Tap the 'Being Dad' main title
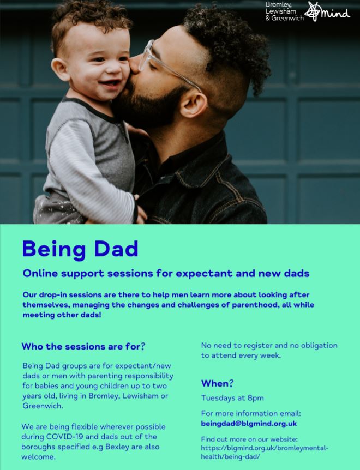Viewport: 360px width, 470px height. [x=80, y=249]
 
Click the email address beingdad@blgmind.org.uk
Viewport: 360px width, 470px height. [x=249, y=423]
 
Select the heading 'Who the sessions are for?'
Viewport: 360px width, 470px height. [x=83, y=346]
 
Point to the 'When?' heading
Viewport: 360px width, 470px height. [x=217, y=383]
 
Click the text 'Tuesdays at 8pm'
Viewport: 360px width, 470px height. [x=232, y=397]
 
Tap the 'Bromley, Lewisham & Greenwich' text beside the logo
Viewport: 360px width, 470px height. [x=283, y=11]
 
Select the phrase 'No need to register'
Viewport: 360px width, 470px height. [x=235, y=345]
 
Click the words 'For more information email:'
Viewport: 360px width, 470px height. [x=250, y=413]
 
